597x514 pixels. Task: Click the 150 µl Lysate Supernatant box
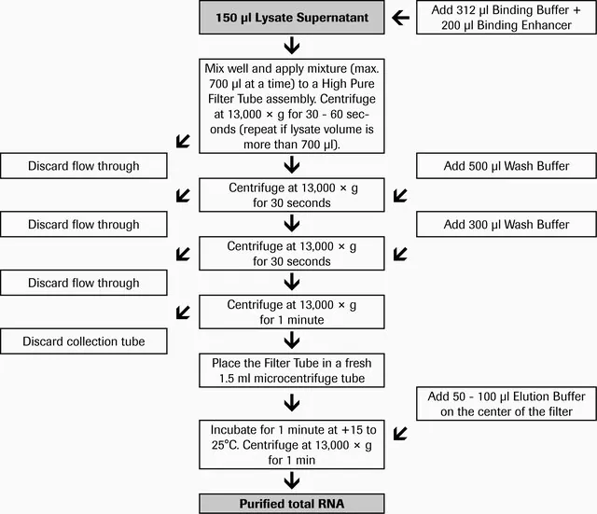point(292,18)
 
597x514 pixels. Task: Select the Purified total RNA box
point(292,504)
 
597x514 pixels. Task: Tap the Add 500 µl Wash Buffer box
point(507,166)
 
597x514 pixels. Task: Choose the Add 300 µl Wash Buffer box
point(507,224)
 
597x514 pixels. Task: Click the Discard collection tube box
point(84,341)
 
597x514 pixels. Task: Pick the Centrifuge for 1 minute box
point(292,312)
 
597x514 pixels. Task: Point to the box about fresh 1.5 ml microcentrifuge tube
point(292,370)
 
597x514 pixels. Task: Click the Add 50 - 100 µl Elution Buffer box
point(507,404)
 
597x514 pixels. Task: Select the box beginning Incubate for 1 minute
point(292,445)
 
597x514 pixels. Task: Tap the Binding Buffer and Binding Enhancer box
point(507,18)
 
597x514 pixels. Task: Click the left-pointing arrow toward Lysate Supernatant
point(400,18)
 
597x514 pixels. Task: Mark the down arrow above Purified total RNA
point(292,480)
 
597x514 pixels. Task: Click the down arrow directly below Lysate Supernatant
point(292,46)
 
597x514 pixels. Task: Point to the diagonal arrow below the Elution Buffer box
point(400,433)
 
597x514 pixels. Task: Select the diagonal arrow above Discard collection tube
point(183,313)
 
